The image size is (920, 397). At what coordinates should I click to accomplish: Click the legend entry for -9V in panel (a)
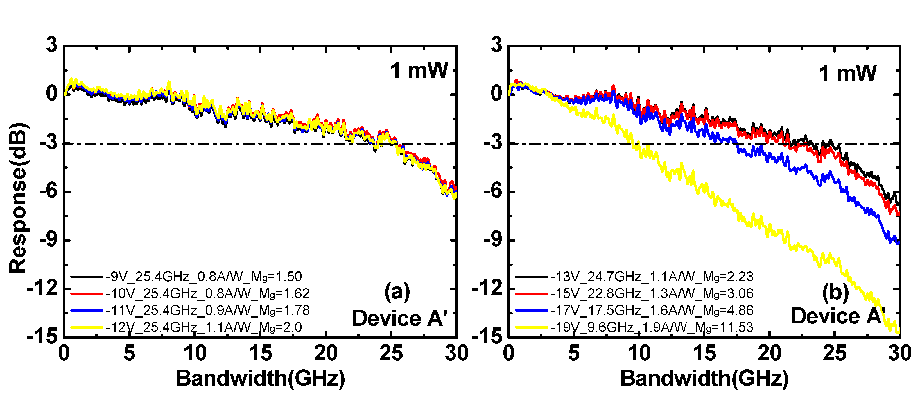204,277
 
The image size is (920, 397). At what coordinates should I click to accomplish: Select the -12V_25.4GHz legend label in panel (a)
204,327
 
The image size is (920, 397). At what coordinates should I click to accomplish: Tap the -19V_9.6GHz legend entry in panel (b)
652,327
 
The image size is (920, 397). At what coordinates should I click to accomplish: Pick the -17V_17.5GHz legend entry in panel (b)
652,310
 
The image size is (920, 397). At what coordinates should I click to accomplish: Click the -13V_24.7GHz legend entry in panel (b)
652,277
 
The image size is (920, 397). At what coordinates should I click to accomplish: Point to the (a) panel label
397,291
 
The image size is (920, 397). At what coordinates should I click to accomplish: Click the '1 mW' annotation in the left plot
419,70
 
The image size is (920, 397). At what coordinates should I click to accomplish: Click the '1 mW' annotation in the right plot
847,73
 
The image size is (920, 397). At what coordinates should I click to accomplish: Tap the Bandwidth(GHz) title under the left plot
260,378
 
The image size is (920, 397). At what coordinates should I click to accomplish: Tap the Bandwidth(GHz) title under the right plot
704,378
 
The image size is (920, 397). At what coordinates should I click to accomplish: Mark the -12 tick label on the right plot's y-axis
487,288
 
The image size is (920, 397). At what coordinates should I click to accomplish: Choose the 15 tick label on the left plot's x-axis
260,353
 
